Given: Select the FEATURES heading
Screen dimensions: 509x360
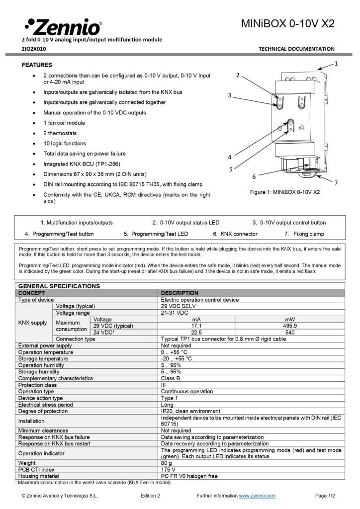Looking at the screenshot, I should (x=37, y=65).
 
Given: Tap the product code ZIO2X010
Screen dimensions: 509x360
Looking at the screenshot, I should (x=34, y=49).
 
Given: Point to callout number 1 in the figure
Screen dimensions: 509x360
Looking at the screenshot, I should (x=336, y=64).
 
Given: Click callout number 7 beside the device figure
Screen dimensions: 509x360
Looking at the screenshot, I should (x=336, y=183).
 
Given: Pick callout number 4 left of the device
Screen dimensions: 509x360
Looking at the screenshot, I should (x=230, y=157).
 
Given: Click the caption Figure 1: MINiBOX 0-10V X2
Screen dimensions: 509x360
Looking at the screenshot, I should (x=284, y=192).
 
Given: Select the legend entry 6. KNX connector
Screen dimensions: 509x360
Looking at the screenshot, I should (x=235, y=234).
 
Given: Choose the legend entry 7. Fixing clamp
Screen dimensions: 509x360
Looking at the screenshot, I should (x=304, y=234).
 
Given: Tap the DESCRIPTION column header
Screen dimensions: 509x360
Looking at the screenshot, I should (x=180, y=293).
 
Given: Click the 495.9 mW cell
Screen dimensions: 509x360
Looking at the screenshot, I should (x=290, y=326).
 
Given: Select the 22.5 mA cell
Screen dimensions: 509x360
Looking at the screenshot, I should (x=196, y=333).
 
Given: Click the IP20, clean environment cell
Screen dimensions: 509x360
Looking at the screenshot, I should (x=190, y=411).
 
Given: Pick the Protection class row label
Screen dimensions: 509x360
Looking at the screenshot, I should (x=37, y=385).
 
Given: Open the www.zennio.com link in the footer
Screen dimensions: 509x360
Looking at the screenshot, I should (x=257, y=496).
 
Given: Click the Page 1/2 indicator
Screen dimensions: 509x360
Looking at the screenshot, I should (x=325, y=496).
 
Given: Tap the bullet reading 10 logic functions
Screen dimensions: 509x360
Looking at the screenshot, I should (x=64, y=144).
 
